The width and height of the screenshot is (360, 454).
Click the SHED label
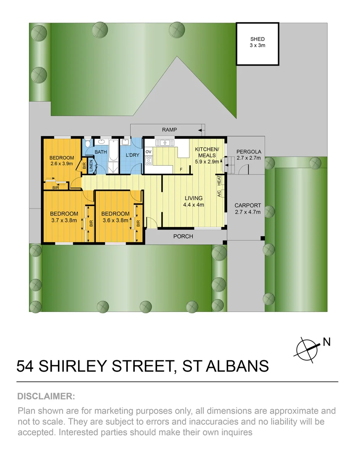(x=258, y=39)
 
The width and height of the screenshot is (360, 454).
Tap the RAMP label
(x=170, y=130)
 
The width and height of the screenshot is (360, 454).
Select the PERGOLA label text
(x=249, y=152)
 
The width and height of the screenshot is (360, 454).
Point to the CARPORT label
(x=247, y=206)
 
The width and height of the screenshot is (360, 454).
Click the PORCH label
(x=183, y=236)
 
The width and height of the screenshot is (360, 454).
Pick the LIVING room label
(x=193, y=198)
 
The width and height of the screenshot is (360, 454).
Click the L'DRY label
(x=132, y=155)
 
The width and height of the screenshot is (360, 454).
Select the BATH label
(x=101, y=152)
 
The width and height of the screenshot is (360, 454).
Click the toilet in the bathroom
(x=87, y=144)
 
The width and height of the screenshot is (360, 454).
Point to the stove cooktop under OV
(x=148, y=160)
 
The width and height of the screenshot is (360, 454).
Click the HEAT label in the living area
(x=219, y=180)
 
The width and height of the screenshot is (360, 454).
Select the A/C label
(x=219, y=194)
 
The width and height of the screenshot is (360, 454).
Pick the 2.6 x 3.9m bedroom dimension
(x=62, y=164)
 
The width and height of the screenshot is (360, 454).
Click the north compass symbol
(x=307, y=348)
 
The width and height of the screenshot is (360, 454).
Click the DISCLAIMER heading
(x=46, y=396)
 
